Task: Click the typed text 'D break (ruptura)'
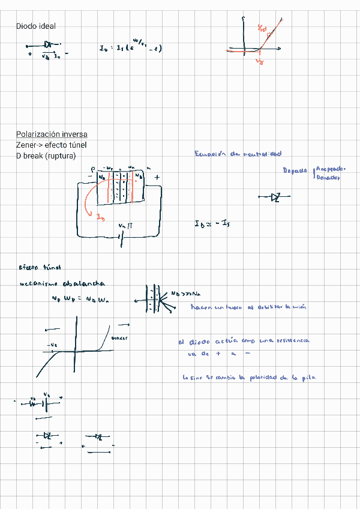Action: tap(46, 155)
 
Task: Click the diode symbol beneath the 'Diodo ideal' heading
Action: tap(47, 45)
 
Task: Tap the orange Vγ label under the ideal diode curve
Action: tap(259, 61)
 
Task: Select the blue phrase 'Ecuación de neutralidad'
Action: tap(238, 154)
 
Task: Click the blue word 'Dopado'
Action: tap(295, 170)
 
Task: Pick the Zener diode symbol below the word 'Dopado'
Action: tap(275, 197)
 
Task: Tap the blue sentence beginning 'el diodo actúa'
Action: tap(244, 341)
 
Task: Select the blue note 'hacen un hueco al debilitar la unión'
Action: tap(248, 307)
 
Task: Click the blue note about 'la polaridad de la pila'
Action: tap(249, 378)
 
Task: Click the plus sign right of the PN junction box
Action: tap(157, 178)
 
